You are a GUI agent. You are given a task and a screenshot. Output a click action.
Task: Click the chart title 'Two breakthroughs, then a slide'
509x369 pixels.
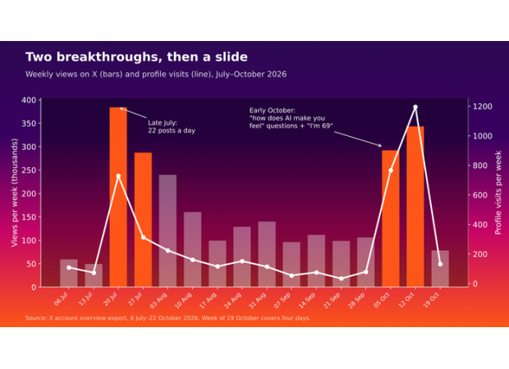tap(136, 57)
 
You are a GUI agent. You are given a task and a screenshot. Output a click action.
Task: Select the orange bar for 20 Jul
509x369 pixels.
tap(118, 197)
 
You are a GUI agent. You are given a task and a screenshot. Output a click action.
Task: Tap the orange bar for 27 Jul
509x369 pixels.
tap(143, 220)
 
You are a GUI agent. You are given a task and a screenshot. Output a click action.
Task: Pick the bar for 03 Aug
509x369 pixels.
tap(167, 231)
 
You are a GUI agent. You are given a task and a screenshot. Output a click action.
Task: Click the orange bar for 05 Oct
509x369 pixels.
tap(391, 219)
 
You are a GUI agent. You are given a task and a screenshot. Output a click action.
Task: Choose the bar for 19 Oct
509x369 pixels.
tap(440, 268)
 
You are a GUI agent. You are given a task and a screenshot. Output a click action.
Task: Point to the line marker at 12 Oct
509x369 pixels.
tap(415, 107)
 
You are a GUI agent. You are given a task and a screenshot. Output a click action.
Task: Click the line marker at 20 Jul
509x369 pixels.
tap(118, 176)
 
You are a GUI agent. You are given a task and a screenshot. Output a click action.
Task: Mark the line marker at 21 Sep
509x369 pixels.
tap(342, 279)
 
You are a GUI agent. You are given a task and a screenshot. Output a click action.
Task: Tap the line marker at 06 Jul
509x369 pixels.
tap(69, 267)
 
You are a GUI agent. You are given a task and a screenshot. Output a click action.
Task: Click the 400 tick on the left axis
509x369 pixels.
tap(29, 100)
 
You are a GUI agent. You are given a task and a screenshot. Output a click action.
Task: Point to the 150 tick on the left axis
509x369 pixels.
tap(29, 217)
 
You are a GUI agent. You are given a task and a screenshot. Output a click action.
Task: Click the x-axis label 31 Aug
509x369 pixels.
tap(258, 300)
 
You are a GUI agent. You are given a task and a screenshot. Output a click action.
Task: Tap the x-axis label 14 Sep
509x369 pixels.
tap(307, 300)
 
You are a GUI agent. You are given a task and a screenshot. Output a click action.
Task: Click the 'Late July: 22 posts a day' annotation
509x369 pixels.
tap(172, 127)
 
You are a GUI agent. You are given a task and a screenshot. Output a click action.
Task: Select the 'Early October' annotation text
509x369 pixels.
tap(291, 118)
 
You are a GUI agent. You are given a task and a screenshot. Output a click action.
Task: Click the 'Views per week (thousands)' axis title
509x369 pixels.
tap(14, 193)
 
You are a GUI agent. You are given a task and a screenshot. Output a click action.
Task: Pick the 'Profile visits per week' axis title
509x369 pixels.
tap(498, 193)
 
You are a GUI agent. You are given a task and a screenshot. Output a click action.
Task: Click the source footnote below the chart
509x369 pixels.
tap(167, 318)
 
